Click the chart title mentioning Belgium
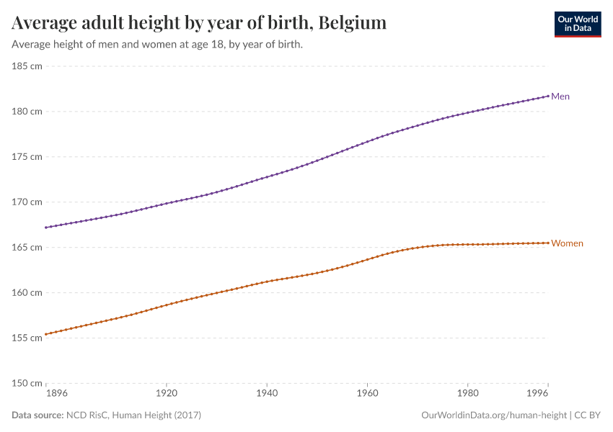(x=199, y=23)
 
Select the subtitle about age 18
(x=157, y=45)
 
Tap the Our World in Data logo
(x=577, y=24)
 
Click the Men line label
(x=560, y=96)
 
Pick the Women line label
(x=567, y=243)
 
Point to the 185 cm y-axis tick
(x=27, y=66)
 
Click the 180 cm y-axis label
(x=27, y=112)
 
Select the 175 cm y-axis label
(x=27, y=157)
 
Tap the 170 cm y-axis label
(x=27, y=202)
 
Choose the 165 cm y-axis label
(x=27, y=248)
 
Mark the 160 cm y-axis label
(x=27, y=293)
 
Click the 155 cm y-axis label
(x=27, y=338)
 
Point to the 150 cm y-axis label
(x=27, y=383)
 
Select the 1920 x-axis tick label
(x=166, y=395)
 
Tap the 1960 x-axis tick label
(x=367, y=395)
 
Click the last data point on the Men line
(x=548, y=96)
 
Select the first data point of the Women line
(x=45, y=334)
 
